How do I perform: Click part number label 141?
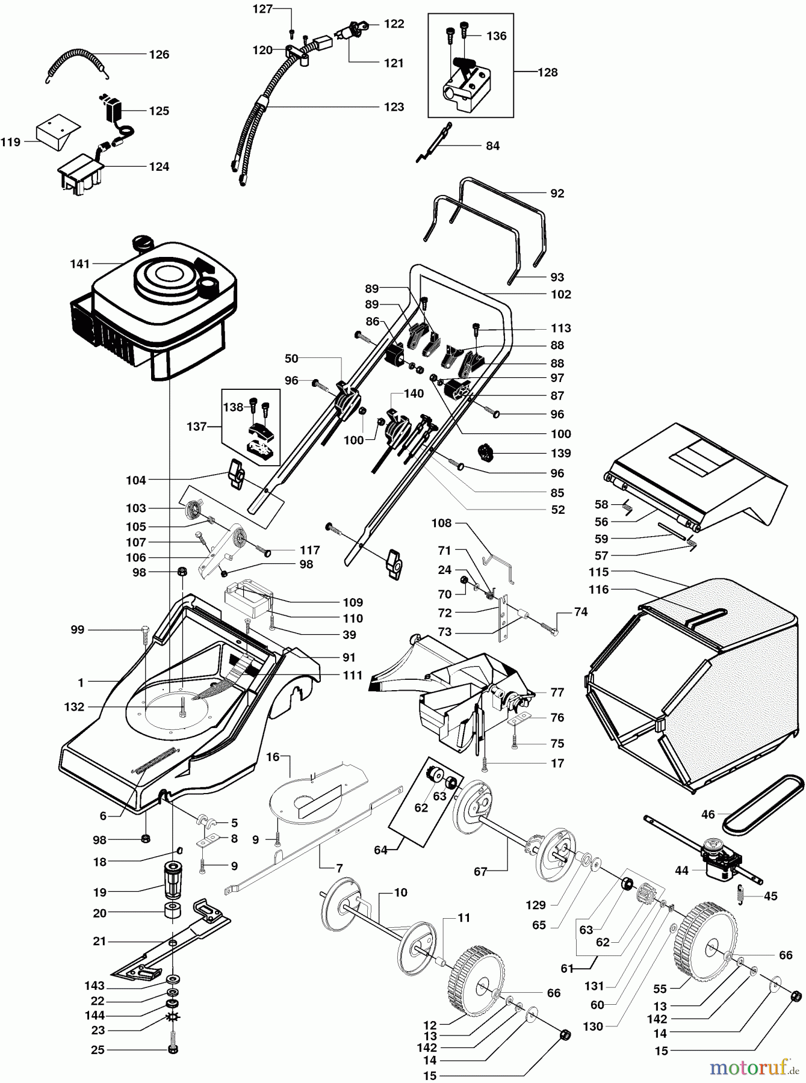(x=79, y=264)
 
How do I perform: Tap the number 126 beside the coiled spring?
(x=159, y=55)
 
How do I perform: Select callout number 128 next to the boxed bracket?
(x=547, y=72)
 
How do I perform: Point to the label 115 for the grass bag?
(x=598, y=572)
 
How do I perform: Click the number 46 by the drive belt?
(x=708, y=815)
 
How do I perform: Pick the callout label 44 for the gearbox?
(x=681, y=871)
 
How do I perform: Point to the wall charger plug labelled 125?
(x=113, y=111)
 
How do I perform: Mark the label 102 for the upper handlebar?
(x=561, y=294)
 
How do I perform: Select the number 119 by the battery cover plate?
(x=11, y=143)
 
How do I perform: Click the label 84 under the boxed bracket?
(x=492, y=146)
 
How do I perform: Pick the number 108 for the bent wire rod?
(x=441, y=523)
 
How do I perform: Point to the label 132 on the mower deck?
(x=74, y=707)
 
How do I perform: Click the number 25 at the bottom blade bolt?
(x=98, y=1050)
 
